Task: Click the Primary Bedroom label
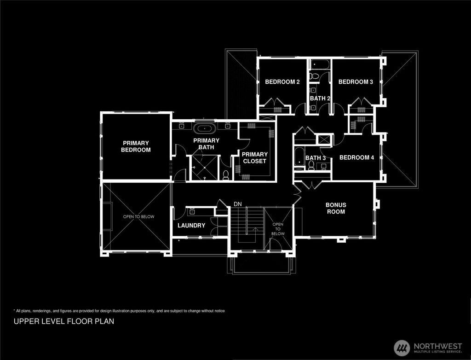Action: [136, 146]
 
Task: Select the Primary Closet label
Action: [254, 157]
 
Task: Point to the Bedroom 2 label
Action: [282, 82]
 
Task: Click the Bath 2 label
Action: [320, 98]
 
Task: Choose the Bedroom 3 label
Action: [356, 82]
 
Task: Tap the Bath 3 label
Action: [316, 158]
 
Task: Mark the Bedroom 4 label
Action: [356, 157]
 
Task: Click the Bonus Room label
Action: [336, 208]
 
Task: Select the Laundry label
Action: [191, 226]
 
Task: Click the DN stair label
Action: [238, 204]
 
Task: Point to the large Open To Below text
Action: [138, 217]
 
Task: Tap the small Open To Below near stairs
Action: [278, 229]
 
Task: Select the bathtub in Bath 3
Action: [299, 156]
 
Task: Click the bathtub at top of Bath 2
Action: [319, 64]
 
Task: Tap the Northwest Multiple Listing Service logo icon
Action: [402, 348]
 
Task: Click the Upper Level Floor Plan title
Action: [64, 321]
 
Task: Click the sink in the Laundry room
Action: [191, 212]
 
